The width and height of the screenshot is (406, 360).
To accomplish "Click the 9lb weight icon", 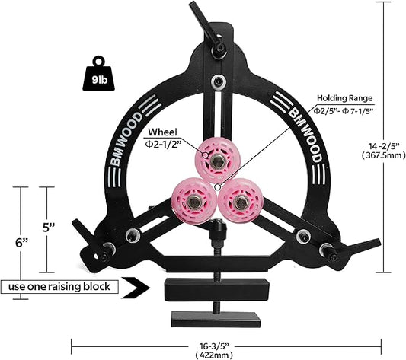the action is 98,74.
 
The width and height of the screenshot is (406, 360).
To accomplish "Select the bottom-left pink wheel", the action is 194,201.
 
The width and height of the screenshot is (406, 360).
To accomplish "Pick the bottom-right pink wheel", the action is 241,202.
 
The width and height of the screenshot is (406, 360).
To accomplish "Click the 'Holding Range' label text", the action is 345,98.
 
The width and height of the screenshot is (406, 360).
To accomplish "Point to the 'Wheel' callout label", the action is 162,132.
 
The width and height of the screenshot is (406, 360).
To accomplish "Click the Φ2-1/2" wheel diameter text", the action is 162,144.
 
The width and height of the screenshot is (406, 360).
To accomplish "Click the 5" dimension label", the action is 49,228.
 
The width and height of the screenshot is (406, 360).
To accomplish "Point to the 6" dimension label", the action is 21,243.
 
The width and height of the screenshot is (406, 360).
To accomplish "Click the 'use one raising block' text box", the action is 59,287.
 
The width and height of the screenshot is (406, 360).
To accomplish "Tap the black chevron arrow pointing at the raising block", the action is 136,288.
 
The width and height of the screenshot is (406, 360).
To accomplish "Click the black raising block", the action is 217,290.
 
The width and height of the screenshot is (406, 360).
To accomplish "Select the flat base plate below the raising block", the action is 216,320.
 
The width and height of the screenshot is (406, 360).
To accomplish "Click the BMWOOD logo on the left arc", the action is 127,139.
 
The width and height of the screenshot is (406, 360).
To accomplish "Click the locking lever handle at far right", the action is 363,247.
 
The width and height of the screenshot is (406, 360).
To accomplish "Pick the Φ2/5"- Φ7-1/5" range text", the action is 344,111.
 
